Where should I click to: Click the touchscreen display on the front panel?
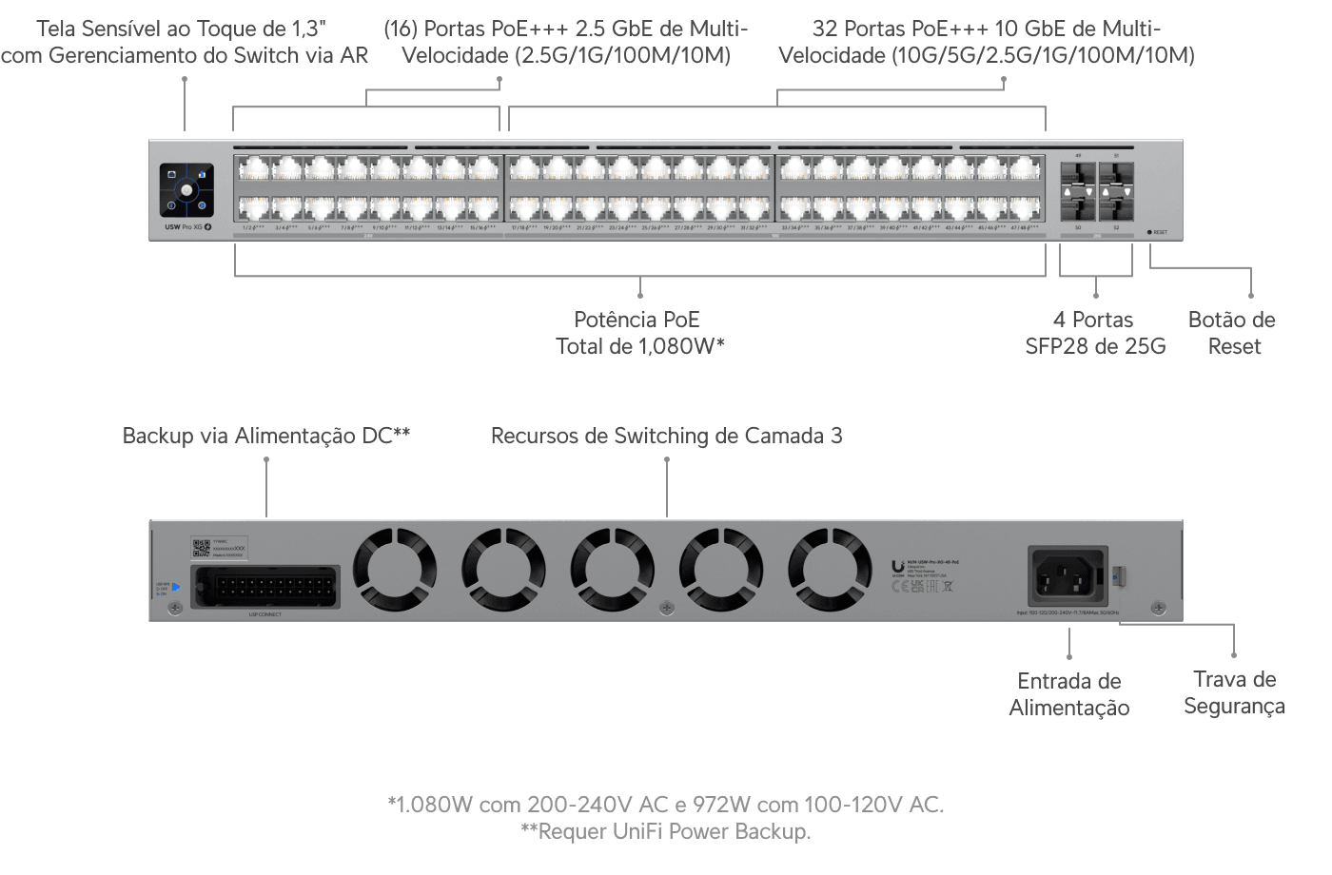(186, 190)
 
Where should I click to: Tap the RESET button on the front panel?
(1150, 232)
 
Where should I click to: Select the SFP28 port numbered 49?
(1079, 174)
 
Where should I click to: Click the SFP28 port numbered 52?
(1116, 206)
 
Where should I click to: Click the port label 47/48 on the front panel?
(1024, 227)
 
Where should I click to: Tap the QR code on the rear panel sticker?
(201, 548)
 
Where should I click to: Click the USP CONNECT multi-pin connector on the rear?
(265, 587)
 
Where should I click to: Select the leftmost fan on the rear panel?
(395, 571)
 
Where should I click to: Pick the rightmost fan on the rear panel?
(830, 571)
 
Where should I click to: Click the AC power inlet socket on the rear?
(1068, 575)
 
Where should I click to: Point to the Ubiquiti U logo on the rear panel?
(897, 567)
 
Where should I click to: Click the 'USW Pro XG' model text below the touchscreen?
(184, 226)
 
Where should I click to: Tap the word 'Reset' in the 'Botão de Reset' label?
(1234, 346)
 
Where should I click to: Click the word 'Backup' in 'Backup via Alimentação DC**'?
(157, 436)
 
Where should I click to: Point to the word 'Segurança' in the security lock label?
(1234, 706)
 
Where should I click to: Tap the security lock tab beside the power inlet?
(1119, 575)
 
